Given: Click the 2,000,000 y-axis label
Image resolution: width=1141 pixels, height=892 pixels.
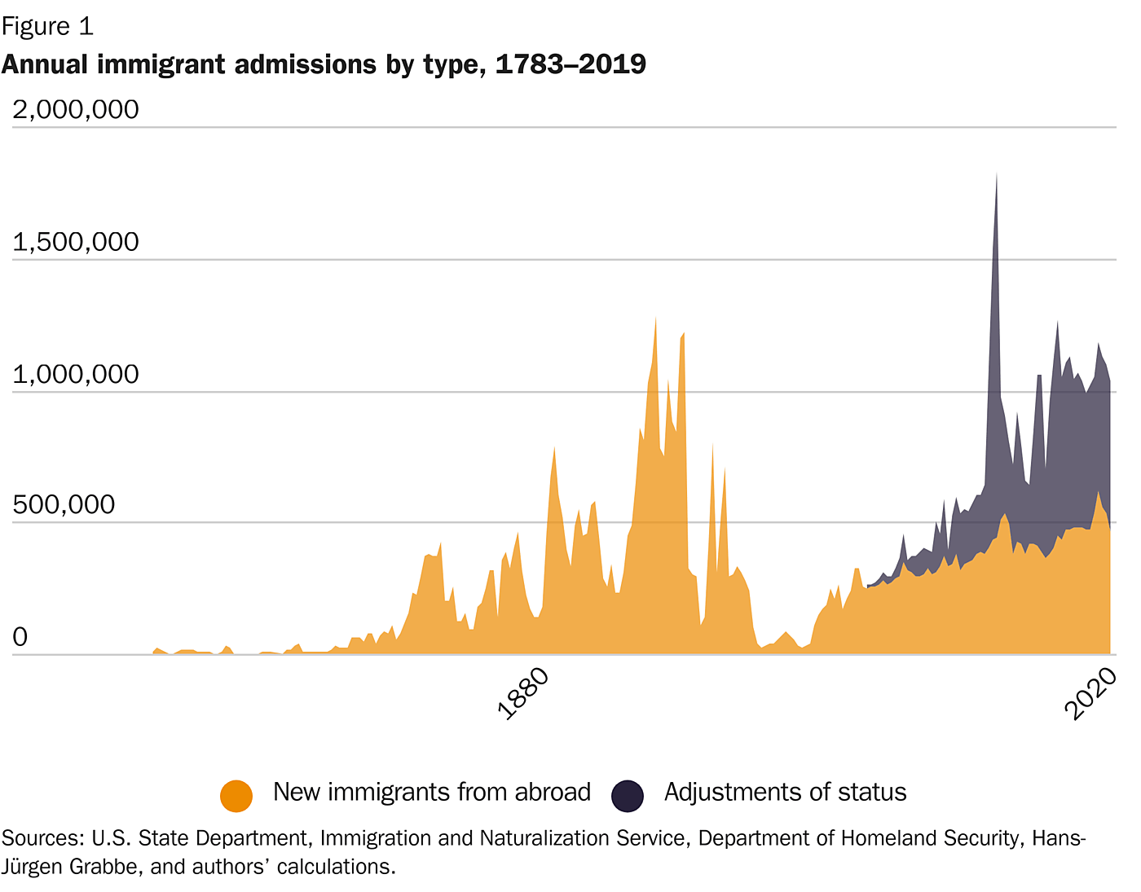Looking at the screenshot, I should tap(76, 109).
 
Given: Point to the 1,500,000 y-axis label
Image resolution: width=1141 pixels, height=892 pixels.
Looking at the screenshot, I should tap(76, 242).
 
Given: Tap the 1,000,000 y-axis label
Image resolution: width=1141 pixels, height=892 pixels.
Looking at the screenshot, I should tap(76, 375).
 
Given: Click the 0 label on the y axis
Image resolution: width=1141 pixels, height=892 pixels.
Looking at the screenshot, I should tap(20, 637).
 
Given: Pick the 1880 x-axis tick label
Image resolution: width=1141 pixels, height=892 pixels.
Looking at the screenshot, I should tap(523, 693).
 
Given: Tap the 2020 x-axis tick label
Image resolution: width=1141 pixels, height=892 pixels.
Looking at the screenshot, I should tap(1090, 693).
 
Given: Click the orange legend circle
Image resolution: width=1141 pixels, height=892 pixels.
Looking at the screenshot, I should tap(236, 795).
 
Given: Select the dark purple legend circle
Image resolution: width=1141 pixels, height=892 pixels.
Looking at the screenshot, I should tap(628, 795).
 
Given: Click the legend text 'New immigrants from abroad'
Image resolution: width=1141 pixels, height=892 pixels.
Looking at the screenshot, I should tap(432, 792).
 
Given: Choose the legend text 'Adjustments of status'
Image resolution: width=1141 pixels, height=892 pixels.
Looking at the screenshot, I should tap(785, 792).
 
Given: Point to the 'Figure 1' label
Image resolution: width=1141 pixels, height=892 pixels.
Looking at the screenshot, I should tap(47, 27).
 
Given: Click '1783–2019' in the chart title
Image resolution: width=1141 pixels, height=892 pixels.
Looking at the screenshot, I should tap(570, 64).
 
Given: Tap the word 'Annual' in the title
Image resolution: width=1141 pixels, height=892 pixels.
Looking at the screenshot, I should tap(46, 64).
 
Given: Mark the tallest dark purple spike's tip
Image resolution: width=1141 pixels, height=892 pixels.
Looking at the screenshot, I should tap(996, 174).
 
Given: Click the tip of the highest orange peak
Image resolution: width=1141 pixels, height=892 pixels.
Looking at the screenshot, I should tap(655, 318).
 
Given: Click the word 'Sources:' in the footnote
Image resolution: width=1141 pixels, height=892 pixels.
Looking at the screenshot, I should tap(42, 838).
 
